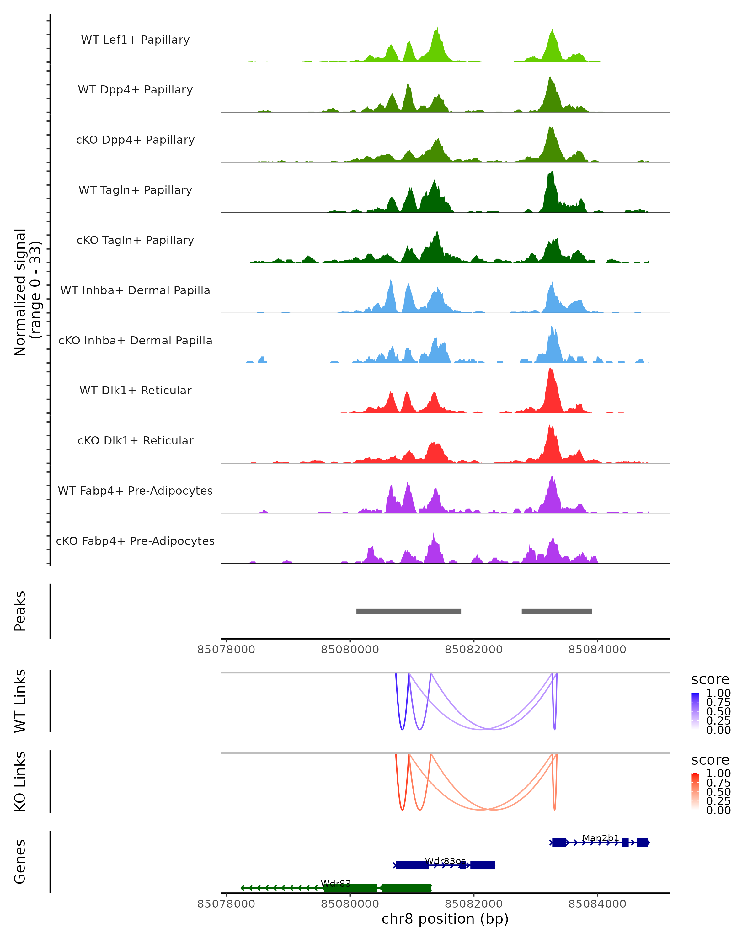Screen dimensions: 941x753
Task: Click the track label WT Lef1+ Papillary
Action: pos(135,40)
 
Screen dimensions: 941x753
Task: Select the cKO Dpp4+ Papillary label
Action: pos(135,140)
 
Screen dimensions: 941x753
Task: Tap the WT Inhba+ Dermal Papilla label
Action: pos(135,291)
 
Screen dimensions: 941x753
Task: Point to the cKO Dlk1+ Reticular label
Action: pos(135,441)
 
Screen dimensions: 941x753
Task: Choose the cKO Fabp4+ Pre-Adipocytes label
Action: pos(135,541)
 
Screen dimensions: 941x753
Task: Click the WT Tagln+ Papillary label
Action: pos(135,190)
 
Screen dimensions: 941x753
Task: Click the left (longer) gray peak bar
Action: pos(409,611)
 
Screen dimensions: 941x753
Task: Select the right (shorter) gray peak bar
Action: pos(557,611)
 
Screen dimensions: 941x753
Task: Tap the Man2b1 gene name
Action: pos(601,838)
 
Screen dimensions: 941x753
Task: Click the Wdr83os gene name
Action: pos(445,861)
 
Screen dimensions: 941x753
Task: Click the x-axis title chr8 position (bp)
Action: pos(445,919)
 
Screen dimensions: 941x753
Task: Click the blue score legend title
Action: pos(710,680)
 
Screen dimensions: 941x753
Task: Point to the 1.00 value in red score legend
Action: pos(718,774)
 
